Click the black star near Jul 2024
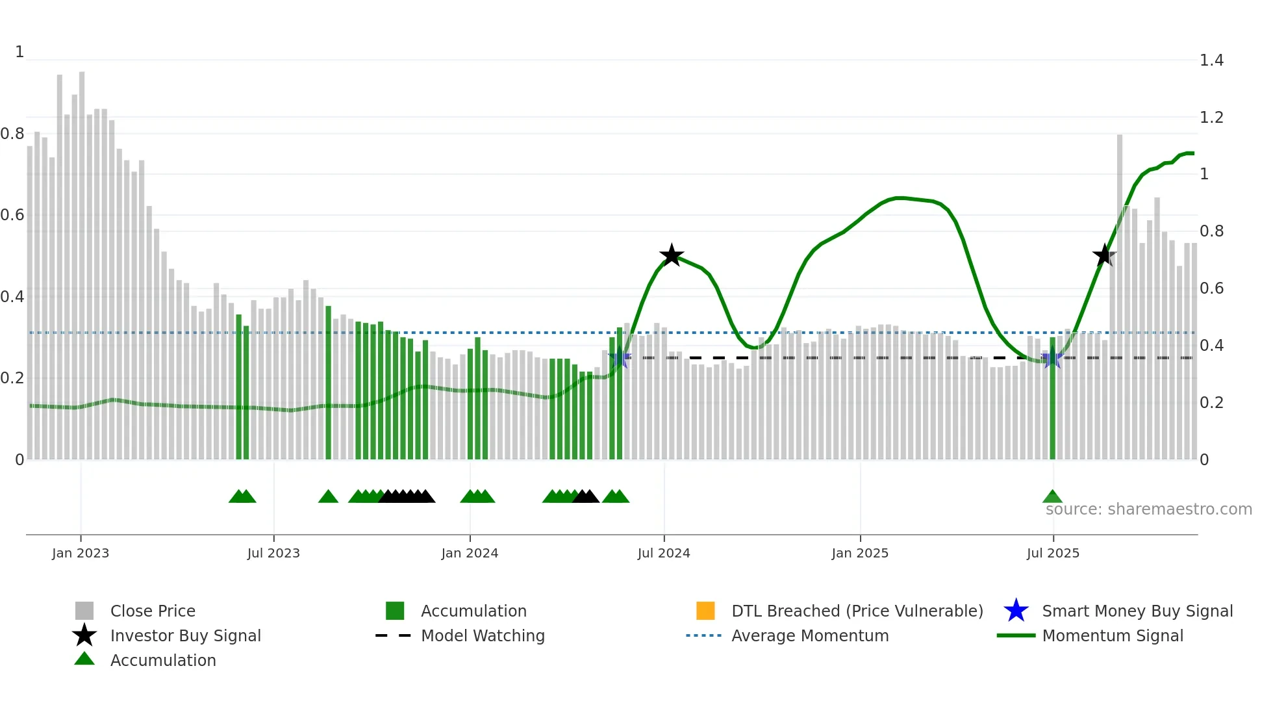click(x=672, y=255)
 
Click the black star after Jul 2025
click(x=1104, y=255)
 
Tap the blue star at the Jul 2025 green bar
click(x=1052, y=358)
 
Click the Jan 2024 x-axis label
click(x=470, y=553)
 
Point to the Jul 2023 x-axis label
click(x=273, y=553)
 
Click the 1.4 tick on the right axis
click(x=1211, y=60)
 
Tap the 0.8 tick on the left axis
click(x=12, y=134)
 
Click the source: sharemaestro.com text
click(x=1148, y=509)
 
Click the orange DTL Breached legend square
click(x=705, y=611)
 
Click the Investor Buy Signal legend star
click(x=84, y=635)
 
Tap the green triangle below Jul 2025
click(x=1052, y=497)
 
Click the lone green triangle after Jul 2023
click(x=328, y=497)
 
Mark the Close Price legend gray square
click(x=84, y=611)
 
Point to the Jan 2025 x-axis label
click(x=860, y=553)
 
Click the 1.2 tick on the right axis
click(x=1211, y=118)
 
